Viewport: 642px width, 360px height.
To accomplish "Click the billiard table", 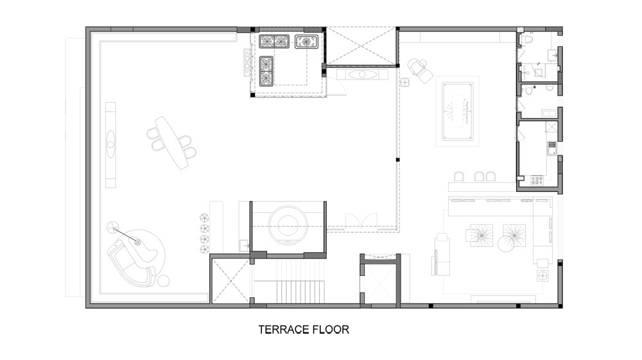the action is pos(457,111).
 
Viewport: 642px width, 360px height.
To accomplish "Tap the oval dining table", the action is pos(172,142).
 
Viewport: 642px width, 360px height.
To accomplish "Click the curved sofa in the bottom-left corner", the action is pos(131,262).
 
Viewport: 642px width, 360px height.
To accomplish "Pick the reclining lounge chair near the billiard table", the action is pos(420,71).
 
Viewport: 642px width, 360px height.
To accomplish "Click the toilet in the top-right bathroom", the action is pos(528,40).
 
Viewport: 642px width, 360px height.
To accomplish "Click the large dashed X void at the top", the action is pos(361,46).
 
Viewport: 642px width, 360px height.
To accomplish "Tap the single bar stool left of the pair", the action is pos(459,176).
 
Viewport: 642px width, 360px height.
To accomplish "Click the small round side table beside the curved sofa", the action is pos(163,281).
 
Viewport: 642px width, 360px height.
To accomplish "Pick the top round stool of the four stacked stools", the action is pos(204,218).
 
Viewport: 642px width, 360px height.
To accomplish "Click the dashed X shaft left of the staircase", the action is pos(231,281).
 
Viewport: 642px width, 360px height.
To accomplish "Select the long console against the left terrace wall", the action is pos(110,145).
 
